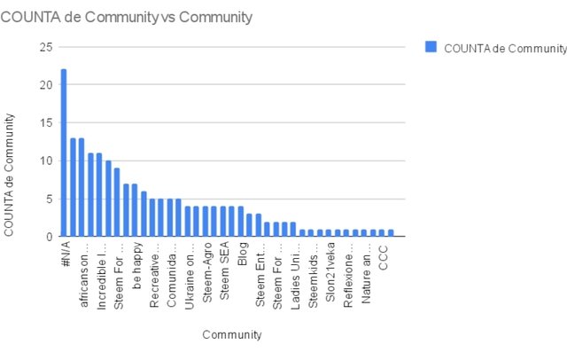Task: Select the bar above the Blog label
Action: point(240,221)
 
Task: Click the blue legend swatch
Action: point(431,47)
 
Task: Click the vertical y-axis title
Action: point(12,173)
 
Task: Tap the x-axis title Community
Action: point(231,334)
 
